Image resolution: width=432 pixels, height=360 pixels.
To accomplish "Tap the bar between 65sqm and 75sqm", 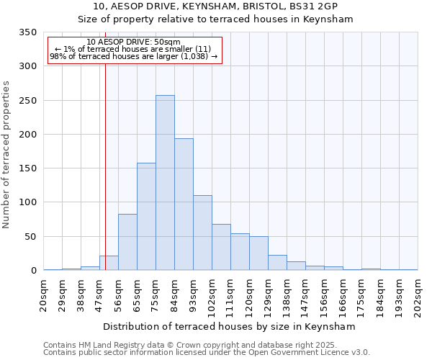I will pos(146,217).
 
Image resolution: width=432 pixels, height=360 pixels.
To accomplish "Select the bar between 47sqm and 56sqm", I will pos(109,264).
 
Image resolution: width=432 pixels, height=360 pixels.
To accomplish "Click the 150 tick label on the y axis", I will pos(27,168).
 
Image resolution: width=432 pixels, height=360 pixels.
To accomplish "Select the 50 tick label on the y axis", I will pos(30,237).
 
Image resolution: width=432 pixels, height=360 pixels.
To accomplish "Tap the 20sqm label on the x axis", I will pos(44,294).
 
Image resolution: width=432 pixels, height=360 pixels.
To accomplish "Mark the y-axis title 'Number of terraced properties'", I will pos(6,155).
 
